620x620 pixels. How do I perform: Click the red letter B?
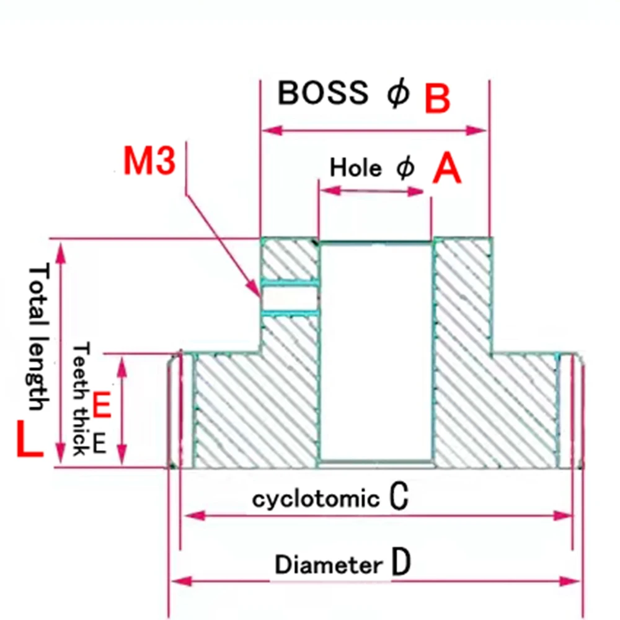pos(437,98)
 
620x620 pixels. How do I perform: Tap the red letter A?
pos(446,169)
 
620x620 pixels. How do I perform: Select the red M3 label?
pos(149,161)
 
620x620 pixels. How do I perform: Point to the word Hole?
pos(355,167)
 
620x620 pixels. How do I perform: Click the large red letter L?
pos(30,440)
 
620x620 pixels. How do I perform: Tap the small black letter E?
pos(99,443)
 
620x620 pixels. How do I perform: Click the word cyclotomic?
pos(316,499)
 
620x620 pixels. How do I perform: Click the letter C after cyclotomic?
pos(399,495)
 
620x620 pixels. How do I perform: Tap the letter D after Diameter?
pos(401,561)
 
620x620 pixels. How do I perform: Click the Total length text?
pos(38,337)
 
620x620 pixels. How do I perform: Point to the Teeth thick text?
pos(81,399)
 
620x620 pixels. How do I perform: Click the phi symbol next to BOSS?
pos(398,94)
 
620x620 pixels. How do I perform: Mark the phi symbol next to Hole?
pos(405,167)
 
